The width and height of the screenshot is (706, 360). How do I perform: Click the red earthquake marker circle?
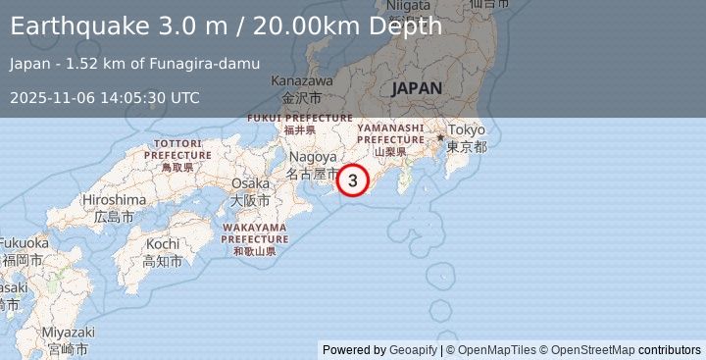pos(353,180)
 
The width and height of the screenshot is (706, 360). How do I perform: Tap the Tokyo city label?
pos(468,131)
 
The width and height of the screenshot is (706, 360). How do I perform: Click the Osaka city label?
pos(249,183)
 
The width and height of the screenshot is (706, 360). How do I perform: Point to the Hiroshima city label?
pos(114,199)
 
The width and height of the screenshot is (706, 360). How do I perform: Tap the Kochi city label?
pos(162,243)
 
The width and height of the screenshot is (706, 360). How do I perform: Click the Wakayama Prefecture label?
pos(254,232)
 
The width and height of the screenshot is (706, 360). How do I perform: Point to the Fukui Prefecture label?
pos(299,118)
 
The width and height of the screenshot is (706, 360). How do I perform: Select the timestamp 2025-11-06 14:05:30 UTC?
pos(106,97)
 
